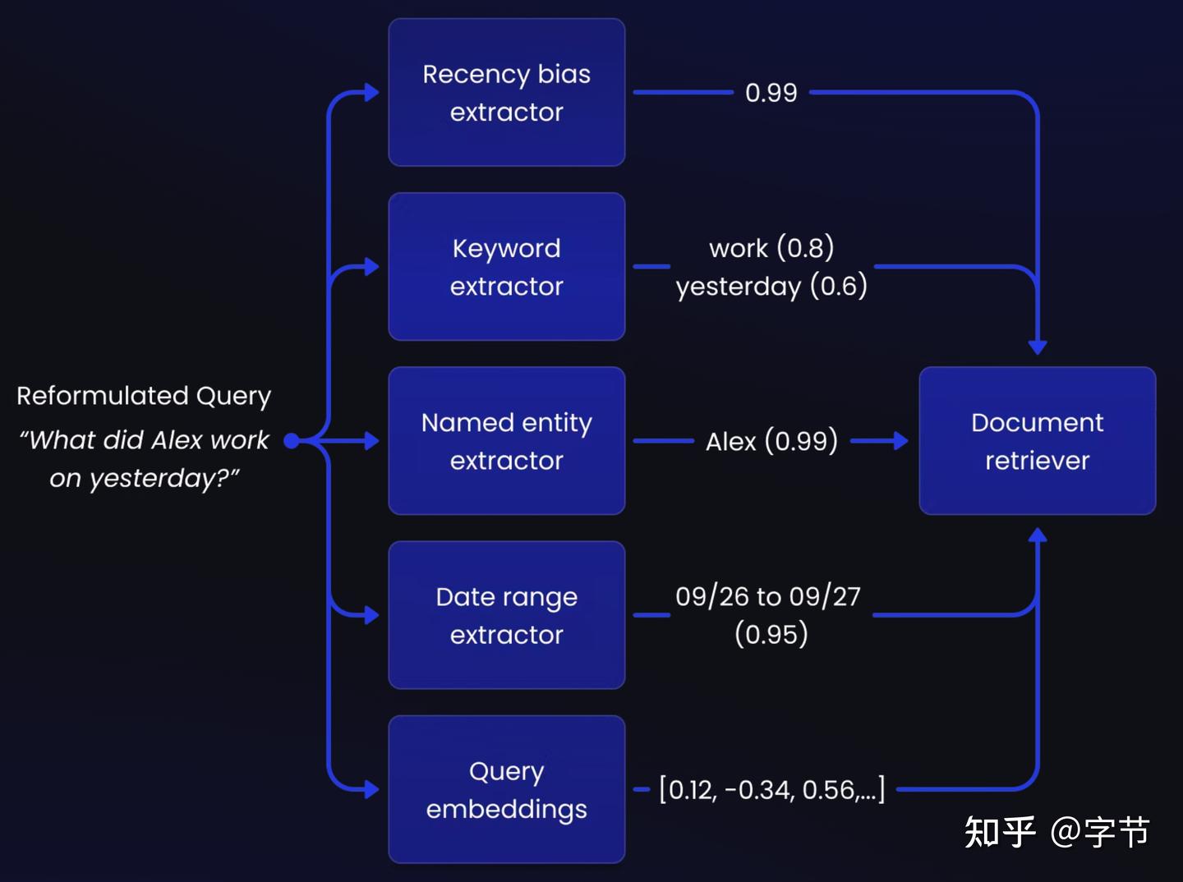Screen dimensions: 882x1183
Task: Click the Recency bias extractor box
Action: [x=506, y=93]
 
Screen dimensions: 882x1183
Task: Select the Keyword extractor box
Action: [x=506, y=267]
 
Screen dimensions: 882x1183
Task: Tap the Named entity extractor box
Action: [x=506, y=441]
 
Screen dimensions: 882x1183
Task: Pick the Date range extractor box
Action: [x=506, y=615]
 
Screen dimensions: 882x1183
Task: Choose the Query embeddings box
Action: [x=506, y=789]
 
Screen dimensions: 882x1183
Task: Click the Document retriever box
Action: [x=1037, y=441]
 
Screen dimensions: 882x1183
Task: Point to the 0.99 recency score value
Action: [x=771, y=93]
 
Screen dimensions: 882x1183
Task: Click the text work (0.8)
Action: [x=771, y=247]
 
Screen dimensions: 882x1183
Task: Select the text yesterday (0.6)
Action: [x=771, y=286]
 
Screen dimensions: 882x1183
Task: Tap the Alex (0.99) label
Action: [x=771, y=441]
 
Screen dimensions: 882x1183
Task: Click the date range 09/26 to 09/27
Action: [x=767, y=596]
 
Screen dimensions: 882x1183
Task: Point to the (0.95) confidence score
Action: [x=771, y=634]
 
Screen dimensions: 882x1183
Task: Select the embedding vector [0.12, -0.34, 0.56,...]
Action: [x=771, y=790]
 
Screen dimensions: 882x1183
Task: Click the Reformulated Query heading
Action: [x=144, y=396]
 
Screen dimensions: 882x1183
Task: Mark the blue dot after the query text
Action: [x=291, y=441]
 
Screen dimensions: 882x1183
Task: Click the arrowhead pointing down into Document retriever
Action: [x=1038, y=347]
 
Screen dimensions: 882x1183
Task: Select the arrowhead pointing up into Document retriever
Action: [x=1038, y=535]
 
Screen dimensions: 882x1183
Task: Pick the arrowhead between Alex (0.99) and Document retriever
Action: [x=900, y=441]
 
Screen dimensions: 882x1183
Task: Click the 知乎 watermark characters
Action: [x=999, y=832]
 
